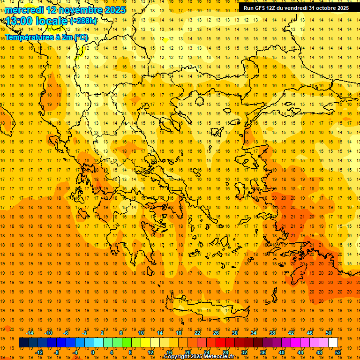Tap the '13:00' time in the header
coord(19,21)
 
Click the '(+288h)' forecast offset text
coord(83,21)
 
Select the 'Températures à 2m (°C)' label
coord(46,37)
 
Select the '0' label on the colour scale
coord(93,352)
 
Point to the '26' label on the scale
coord(216,333)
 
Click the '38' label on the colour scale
coord(272,333)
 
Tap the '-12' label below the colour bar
coord(39,352)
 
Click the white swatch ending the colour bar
coord(333,343)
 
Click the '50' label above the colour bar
coord(329,333)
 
